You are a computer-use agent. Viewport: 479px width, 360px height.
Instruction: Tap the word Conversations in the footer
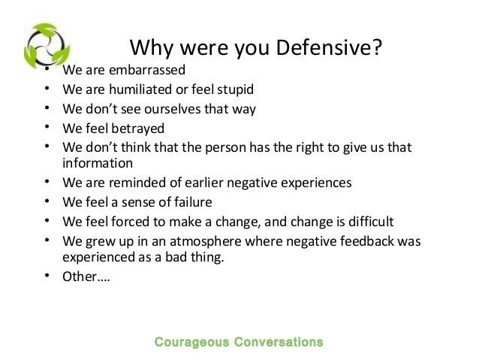click(279, 342)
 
